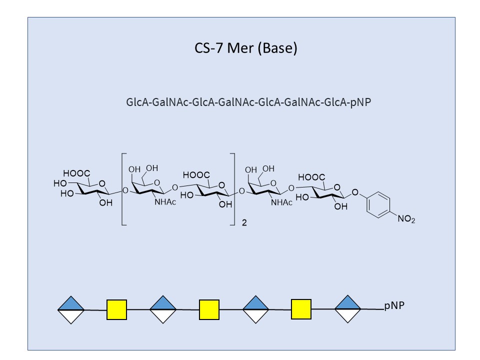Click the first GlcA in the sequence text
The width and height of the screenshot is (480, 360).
138,102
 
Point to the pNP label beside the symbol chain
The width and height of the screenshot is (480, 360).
394,306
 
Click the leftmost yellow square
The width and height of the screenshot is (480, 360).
116,309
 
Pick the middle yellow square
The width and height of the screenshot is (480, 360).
209,309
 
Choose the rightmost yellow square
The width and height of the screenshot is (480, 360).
301,309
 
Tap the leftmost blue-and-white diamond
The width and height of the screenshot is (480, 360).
70,309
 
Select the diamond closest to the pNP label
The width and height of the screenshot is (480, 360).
347,309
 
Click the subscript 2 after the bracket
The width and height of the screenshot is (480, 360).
244,223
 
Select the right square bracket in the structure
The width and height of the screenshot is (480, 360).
233,190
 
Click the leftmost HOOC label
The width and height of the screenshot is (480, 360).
76,173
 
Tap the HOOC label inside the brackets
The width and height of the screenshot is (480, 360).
196,175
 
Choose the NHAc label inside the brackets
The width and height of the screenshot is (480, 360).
165,202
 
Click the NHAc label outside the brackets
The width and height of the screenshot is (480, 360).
281,202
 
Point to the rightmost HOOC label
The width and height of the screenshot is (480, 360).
311,177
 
